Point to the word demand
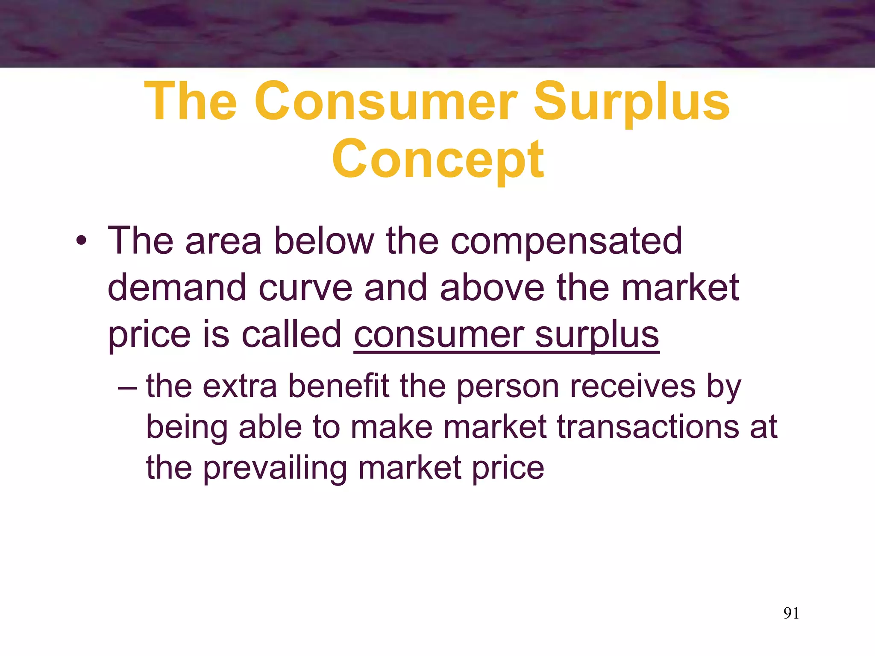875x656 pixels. (177, 288)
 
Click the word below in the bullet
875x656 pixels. (324, 241)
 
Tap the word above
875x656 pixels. (492, 288)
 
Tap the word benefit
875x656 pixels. (338, 386)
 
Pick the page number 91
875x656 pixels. (791, 613)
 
